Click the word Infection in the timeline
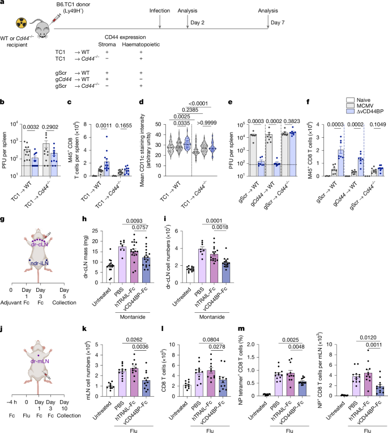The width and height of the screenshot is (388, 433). pyautogui.click(x=161, y=11)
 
